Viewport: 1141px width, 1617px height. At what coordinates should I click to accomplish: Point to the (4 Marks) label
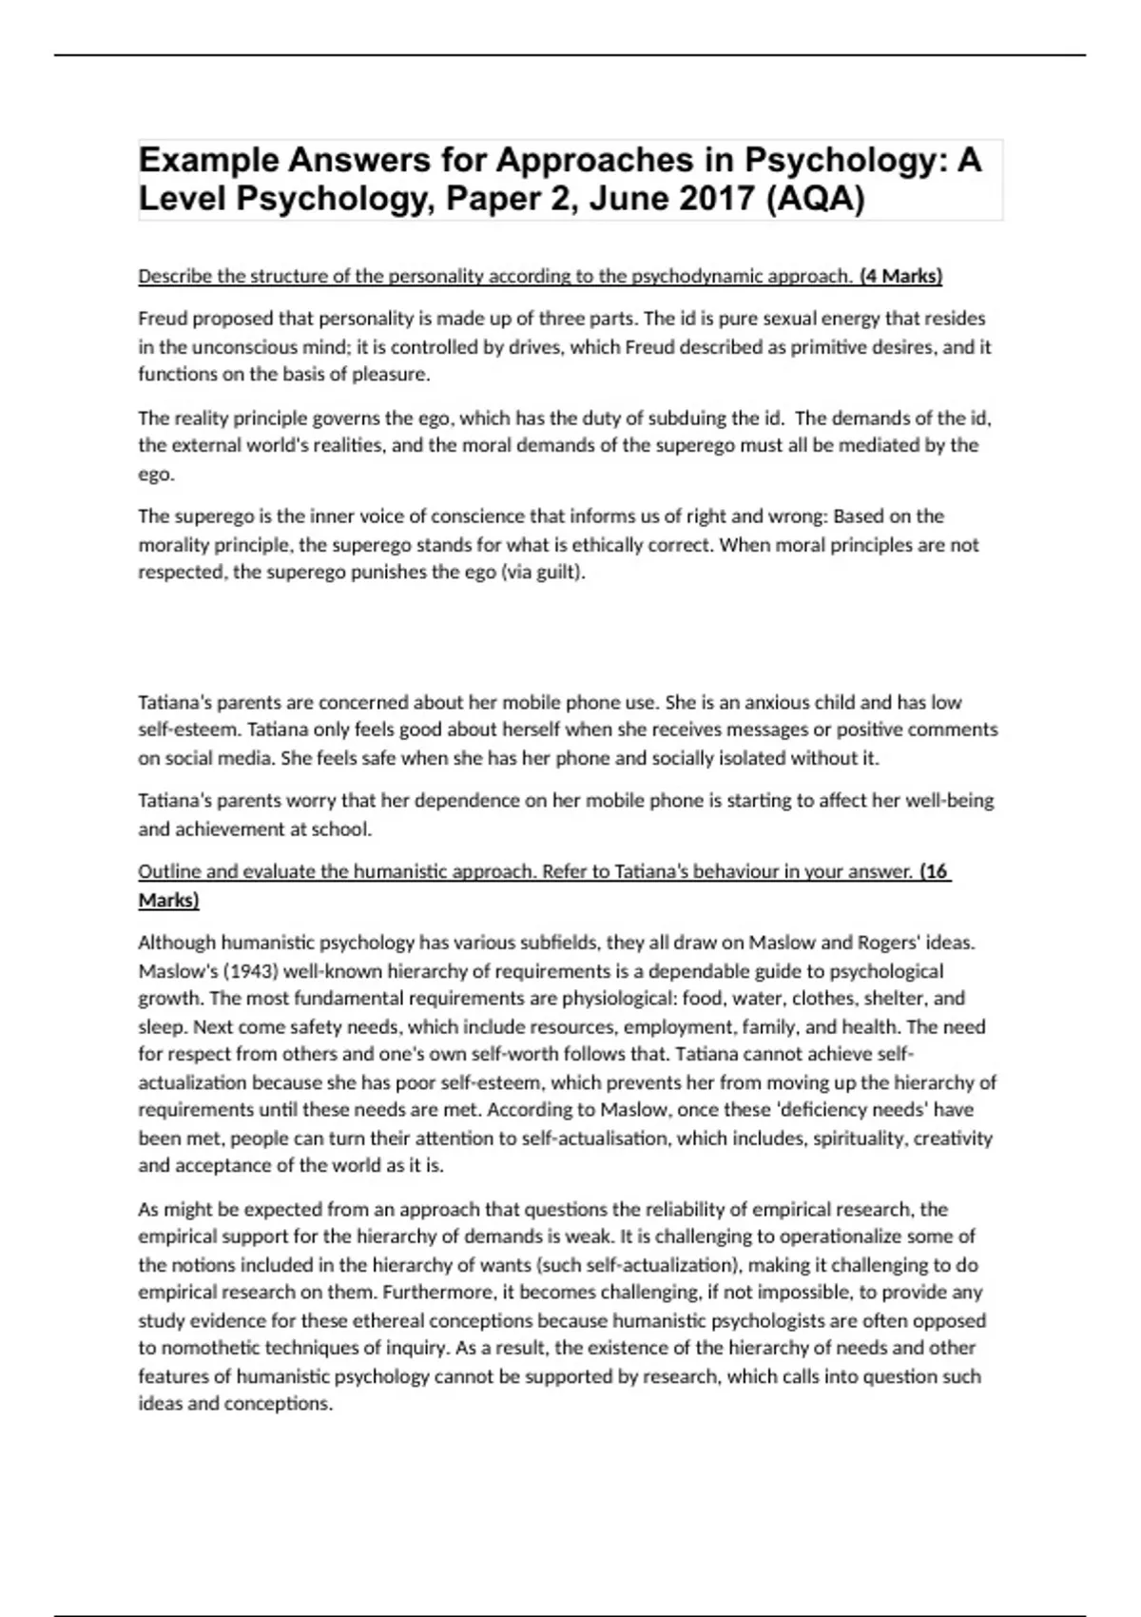pos(900,276)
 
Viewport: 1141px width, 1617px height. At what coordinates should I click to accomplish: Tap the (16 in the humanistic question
pos(936,871)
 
